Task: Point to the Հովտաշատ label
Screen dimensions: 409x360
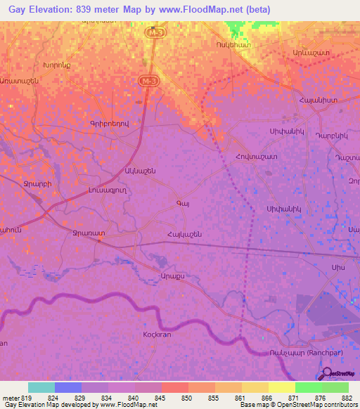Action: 254,156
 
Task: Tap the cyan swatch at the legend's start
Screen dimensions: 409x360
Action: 41,387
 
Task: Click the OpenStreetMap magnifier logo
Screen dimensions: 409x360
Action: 326,375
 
